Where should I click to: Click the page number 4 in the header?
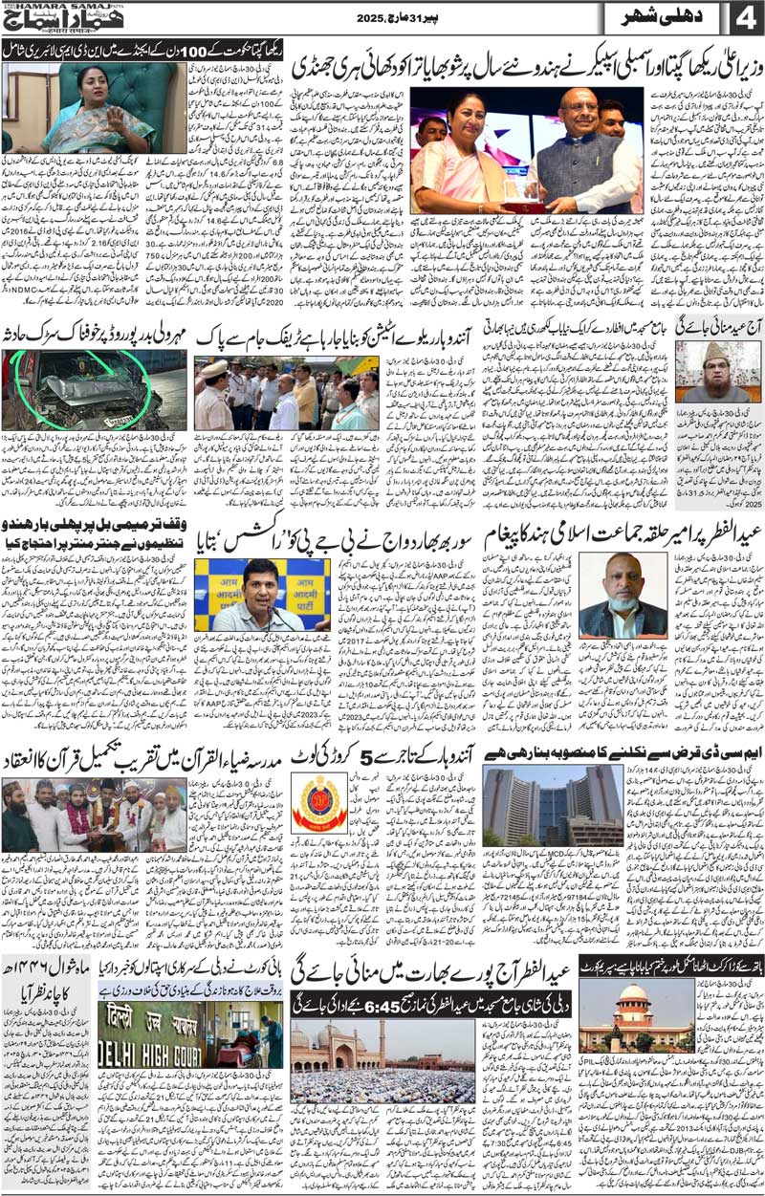743,19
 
